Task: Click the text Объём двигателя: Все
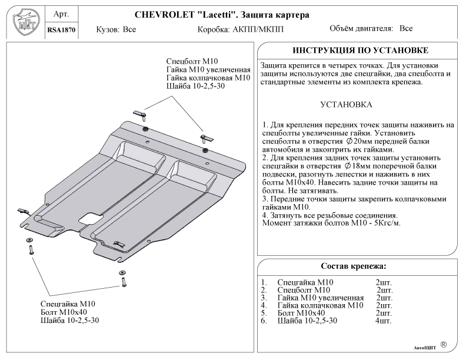click(x=371, y=28)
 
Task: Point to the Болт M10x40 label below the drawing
click(x=64, y=312)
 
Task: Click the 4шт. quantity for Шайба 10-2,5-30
click(x=383, y=321)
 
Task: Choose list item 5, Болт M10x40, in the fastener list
click(x=300, y=313)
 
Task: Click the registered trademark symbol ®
click(x=443, y=344)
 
